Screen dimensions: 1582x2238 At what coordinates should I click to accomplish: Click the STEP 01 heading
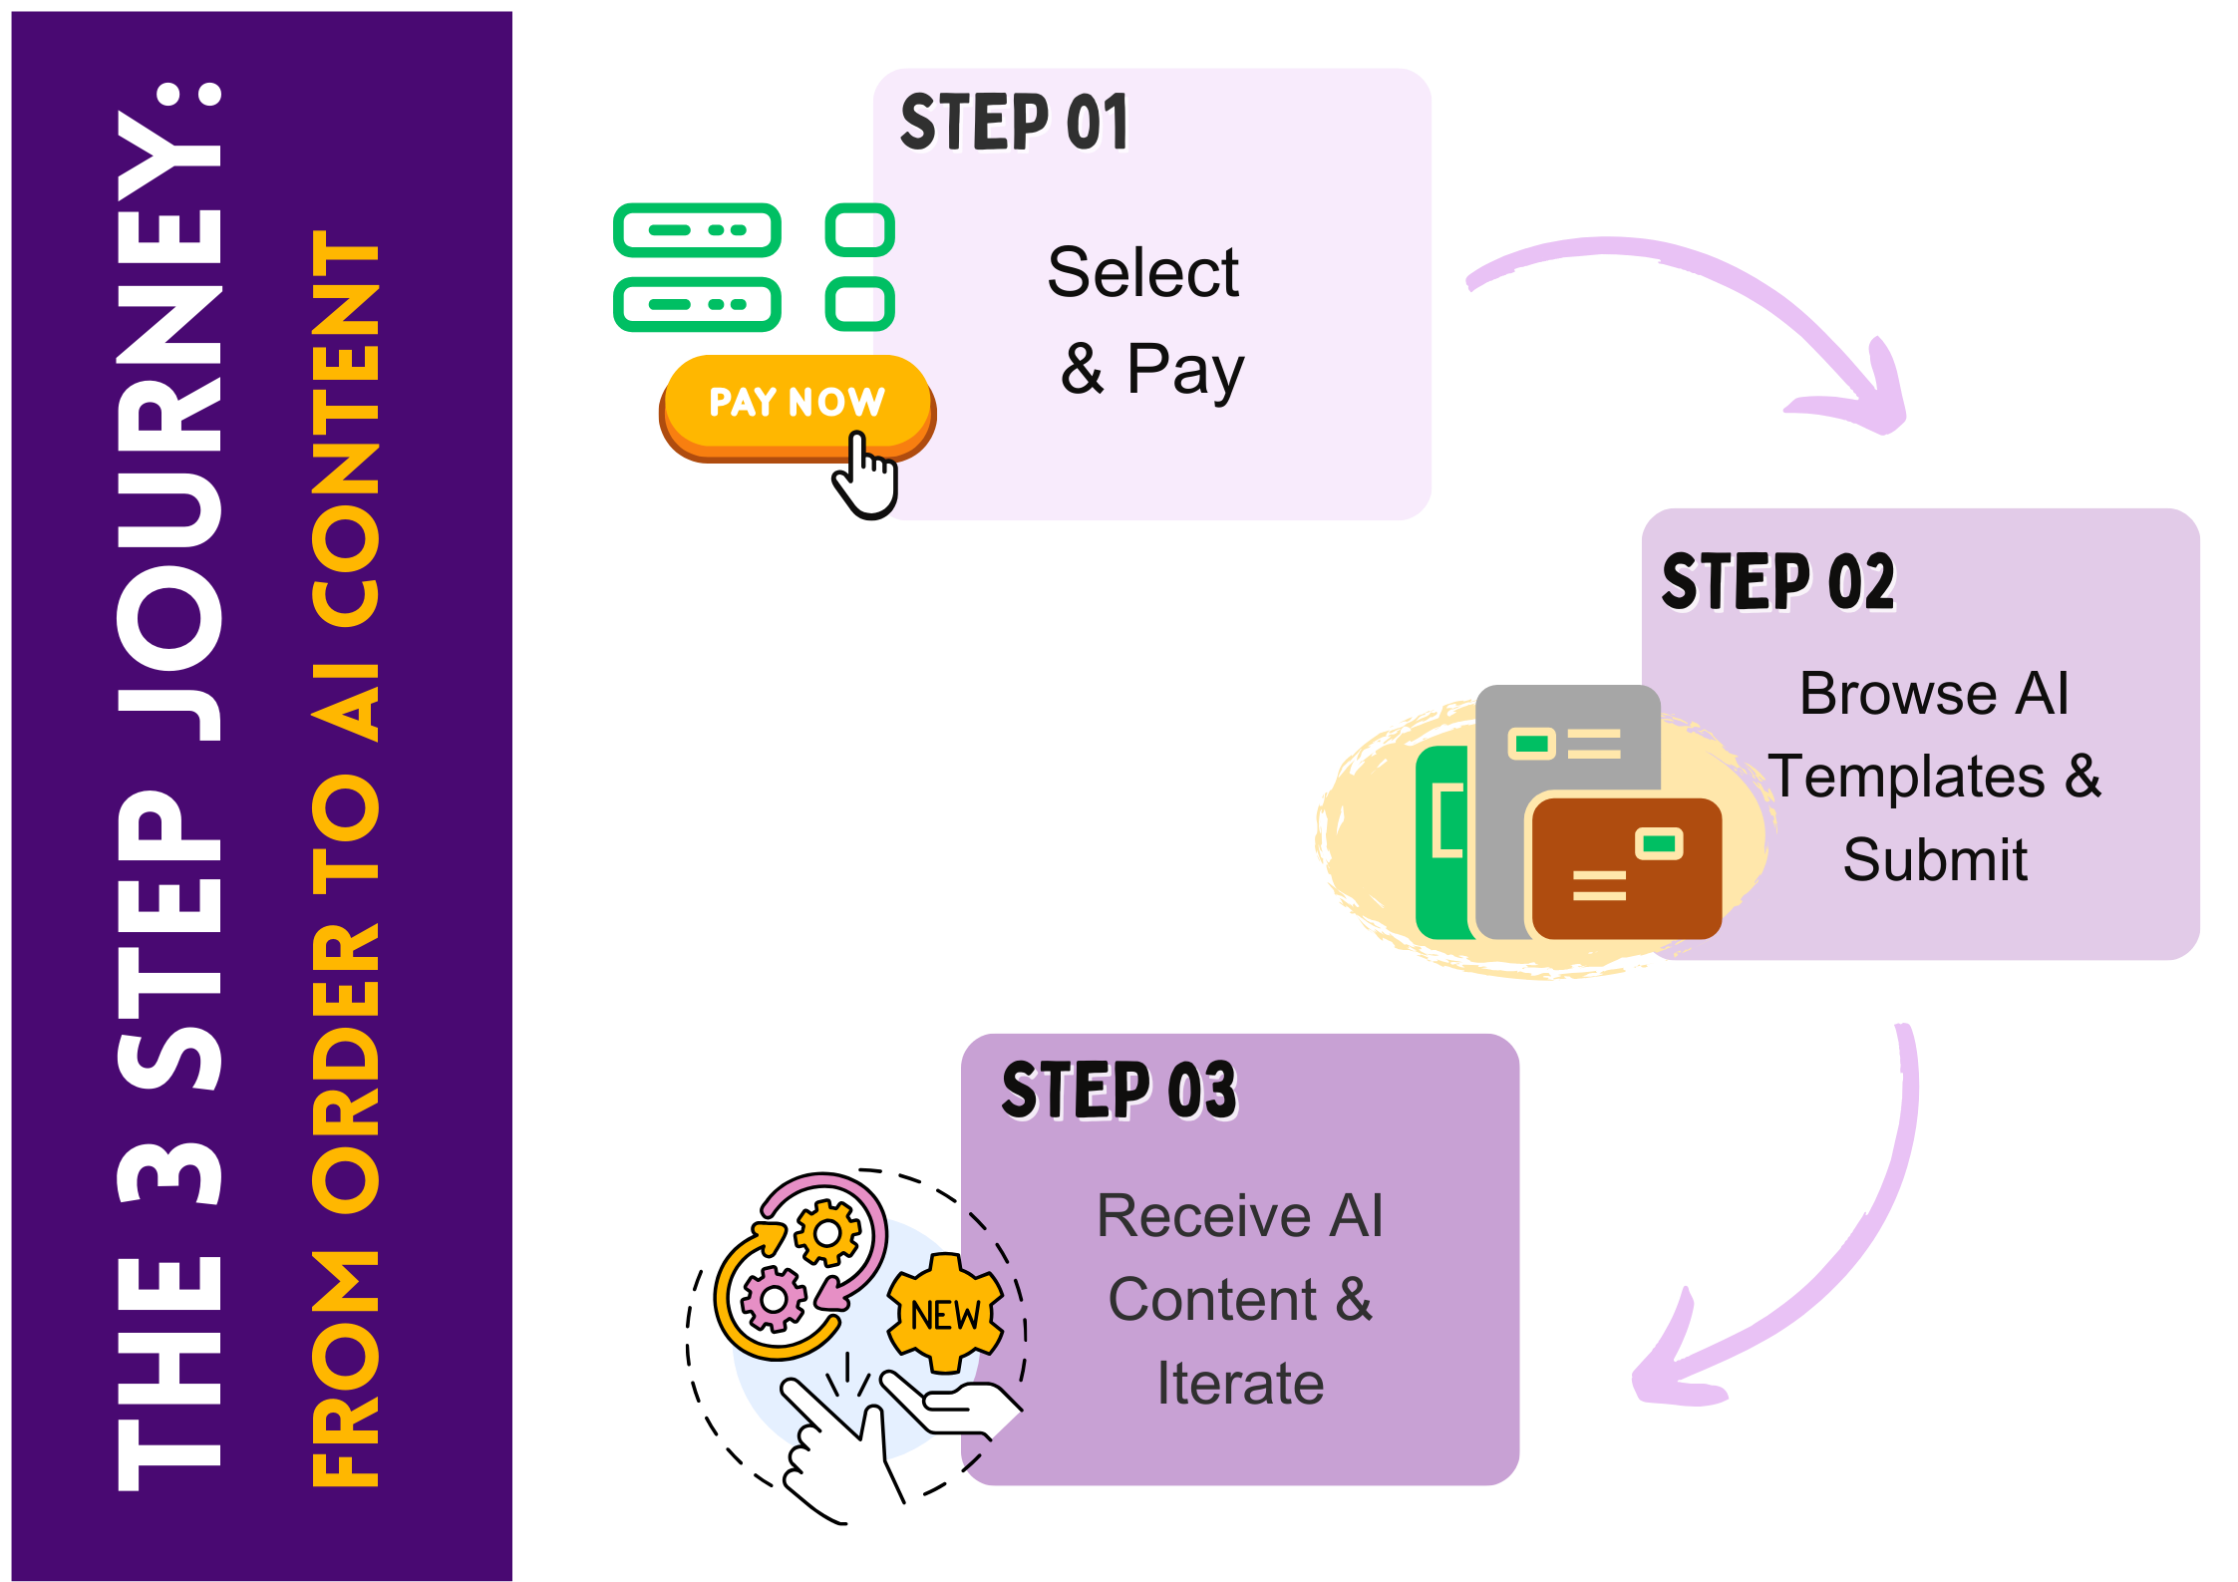click(x=1015, y=124)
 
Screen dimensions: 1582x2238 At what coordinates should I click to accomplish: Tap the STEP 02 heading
click(x=1779, y=583)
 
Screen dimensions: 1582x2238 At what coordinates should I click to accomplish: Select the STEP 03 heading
click(x=1119, y=1091)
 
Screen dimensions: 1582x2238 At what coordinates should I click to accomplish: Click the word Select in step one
click(x=1143, y=272)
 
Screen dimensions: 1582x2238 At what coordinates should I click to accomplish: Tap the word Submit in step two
click(x=1935, y=859)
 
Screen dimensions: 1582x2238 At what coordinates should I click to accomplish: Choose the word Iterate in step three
click(x=1240, y=1384)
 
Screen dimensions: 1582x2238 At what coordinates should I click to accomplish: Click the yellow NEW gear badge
click(x=944, y=1314)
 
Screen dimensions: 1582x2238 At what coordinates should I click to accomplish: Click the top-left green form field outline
click(x=697, y=230)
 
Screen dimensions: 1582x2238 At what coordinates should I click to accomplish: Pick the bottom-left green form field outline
click(x=697, y=304)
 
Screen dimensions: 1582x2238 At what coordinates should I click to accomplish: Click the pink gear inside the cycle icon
click(x=772, y=1298)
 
